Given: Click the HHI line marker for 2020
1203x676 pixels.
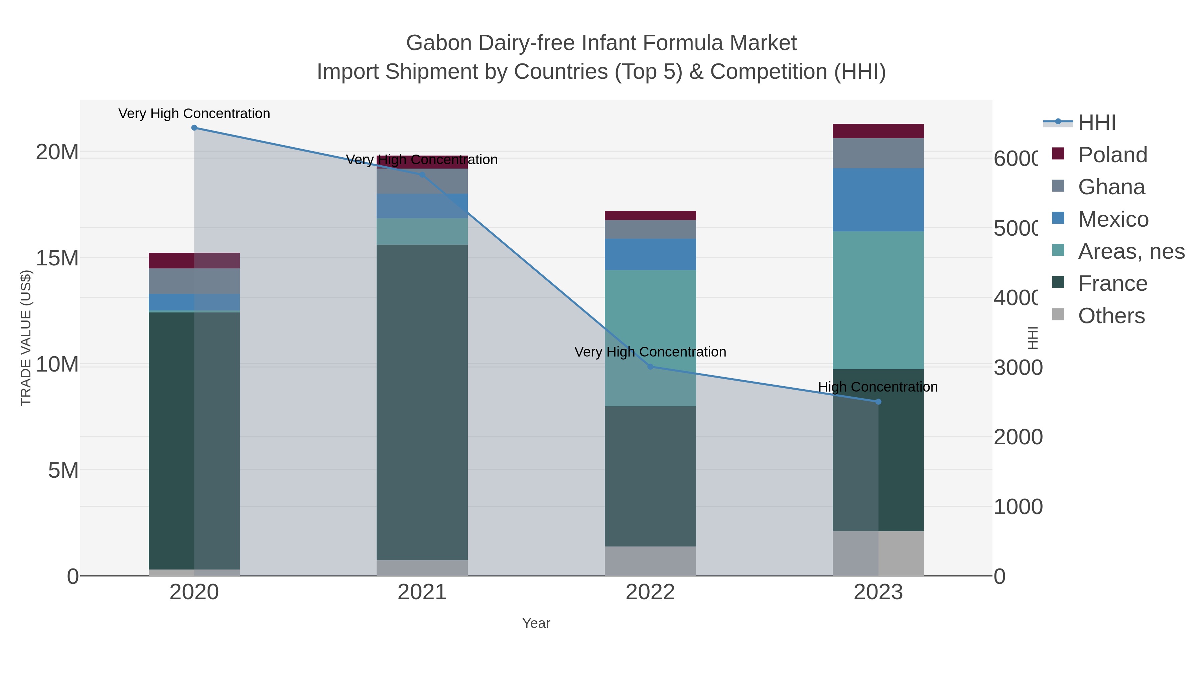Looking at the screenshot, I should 194,128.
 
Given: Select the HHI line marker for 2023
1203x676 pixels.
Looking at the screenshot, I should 879,402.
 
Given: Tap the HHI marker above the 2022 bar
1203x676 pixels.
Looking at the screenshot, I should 651,367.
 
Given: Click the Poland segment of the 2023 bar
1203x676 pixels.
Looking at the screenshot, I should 879,131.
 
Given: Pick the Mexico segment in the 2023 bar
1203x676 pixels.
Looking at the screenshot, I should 879,200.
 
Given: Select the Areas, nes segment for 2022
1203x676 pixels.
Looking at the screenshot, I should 651,338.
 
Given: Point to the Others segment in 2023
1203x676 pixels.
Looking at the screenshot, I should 879,553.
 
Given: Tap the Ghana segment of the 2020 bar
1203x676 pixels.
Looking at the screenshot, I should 194,281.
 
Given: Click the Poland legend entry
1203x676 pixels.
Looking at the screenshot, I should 1112,155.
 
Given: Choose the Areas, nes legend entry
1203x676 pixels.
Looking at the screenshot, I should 1131,251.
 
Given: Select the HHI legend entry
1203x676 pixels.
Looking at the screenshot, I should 1096,123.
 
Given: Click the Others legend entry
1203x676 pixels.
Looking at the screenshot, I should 1111,316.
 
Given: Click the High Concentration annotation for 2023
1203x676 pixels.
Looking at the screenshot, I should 878,387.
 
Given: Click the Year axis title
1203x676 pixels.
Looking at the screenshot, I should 536,623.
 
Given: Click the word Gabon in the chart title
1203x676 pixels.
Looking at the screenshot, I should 439,43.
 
